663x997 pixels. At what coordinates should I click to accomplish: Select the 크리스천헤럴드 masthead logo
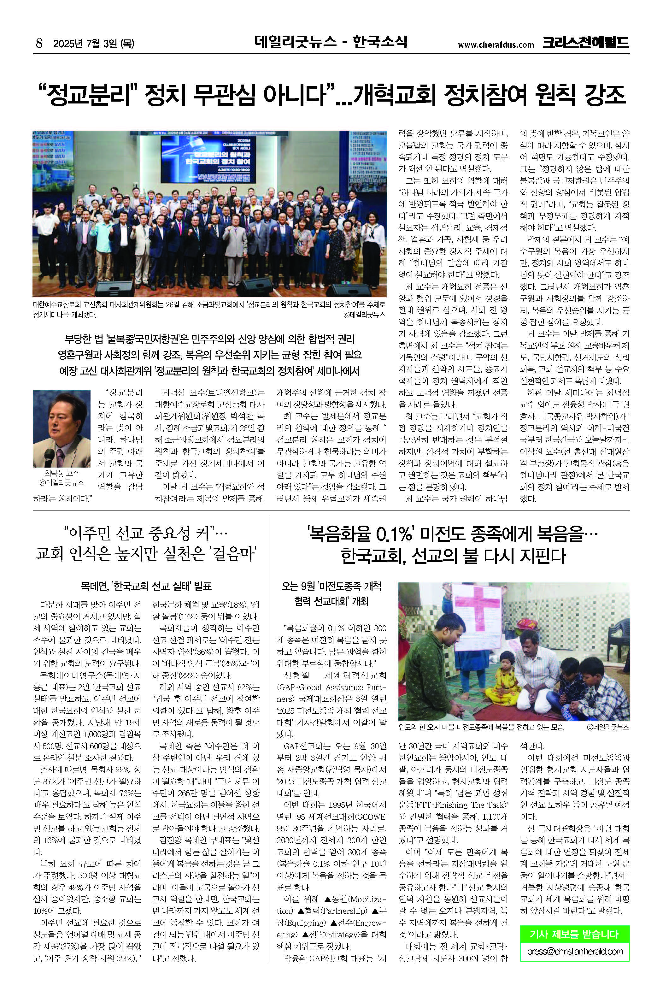[x=586, y=43]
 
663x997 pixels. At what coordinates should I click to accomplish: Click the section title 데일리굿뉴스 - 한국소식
[x=331, y=42]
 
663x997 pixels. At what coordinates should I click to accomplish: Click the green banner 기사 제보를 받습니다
[x=574, y=934]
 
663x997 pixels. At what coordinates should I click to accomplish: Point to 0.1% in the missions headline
[x=393, y=535]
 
